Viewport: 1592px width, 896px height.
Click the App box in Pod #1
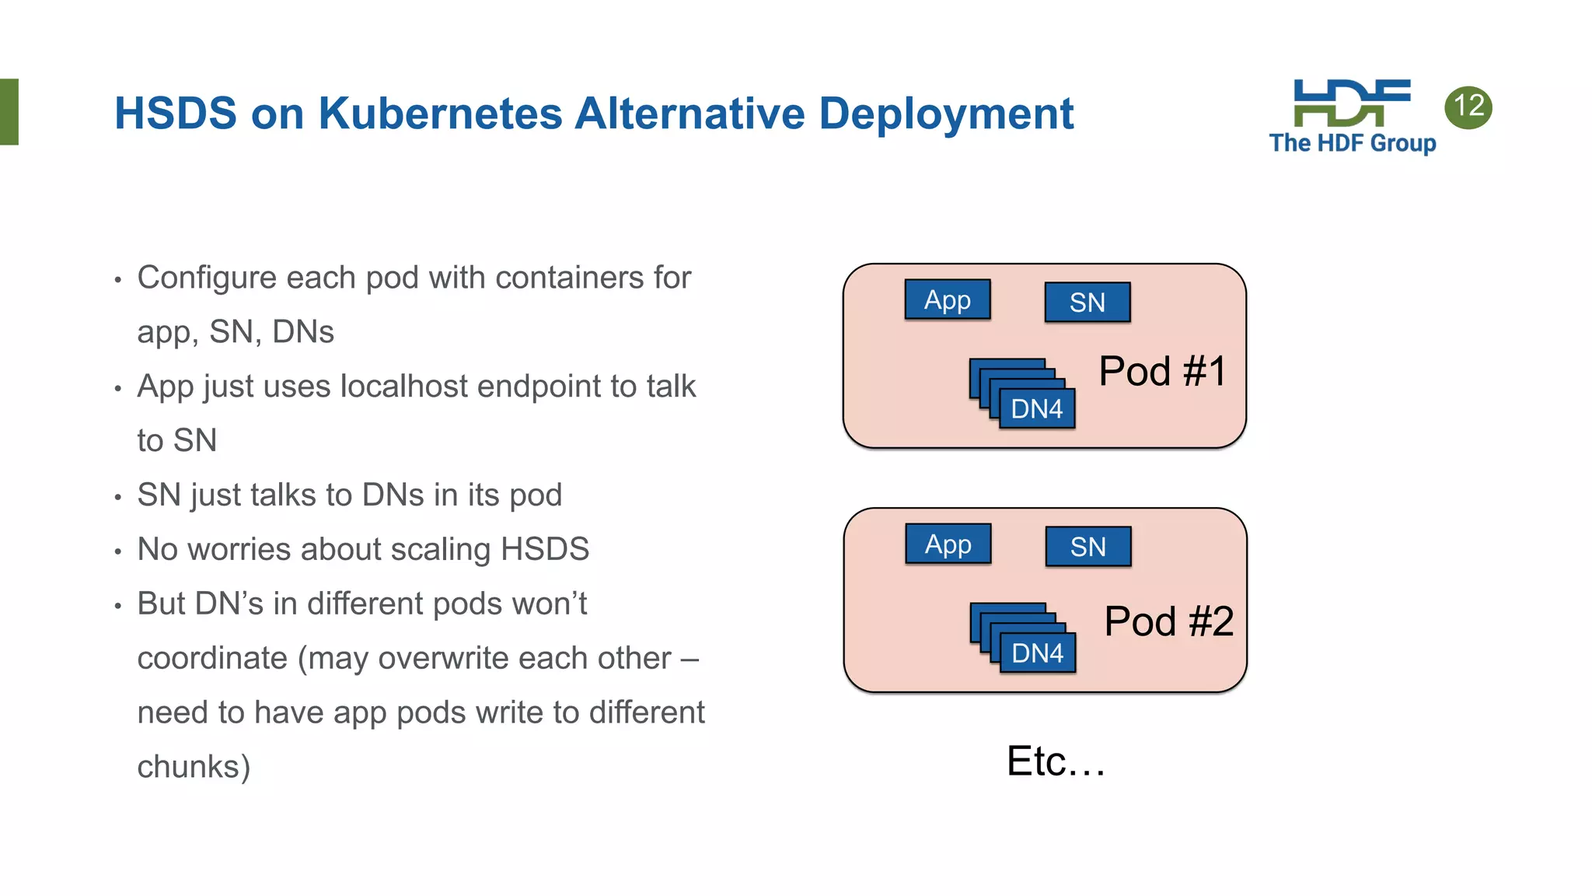click(948, 299)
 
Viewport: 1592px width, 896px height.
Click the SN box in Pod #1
click(1087, 303)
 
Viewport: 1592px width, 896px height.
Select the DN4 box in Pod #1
click(1036, 409)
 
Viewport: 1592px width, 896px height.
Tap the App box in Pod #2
click(948, 544)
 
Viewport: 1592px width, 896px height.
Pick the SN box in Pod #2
click(1088, 547)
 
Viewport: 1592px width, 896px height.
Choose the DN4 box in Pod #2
click(1037, 653)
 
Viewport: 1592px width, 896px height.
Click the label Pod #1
click(1162, 371)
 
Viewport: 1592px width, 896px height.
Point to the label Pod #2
click(1168, 621)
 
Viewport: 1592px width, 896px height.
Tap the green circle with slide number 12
click(1468, 107)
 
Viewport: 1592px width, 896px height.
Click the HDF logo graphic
click(1351, 102)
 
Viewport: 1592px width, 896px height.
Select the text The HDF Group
click(1353, 143)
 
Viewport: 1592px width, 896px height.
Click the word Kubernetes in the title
click(439, 114)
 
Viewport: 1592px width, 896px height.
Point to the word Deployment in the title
click(946, 114)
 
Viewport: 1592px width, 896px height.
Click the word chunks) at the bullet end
click(194, 767)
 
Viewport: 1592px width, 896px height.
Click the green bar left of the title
click(9, 111)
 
